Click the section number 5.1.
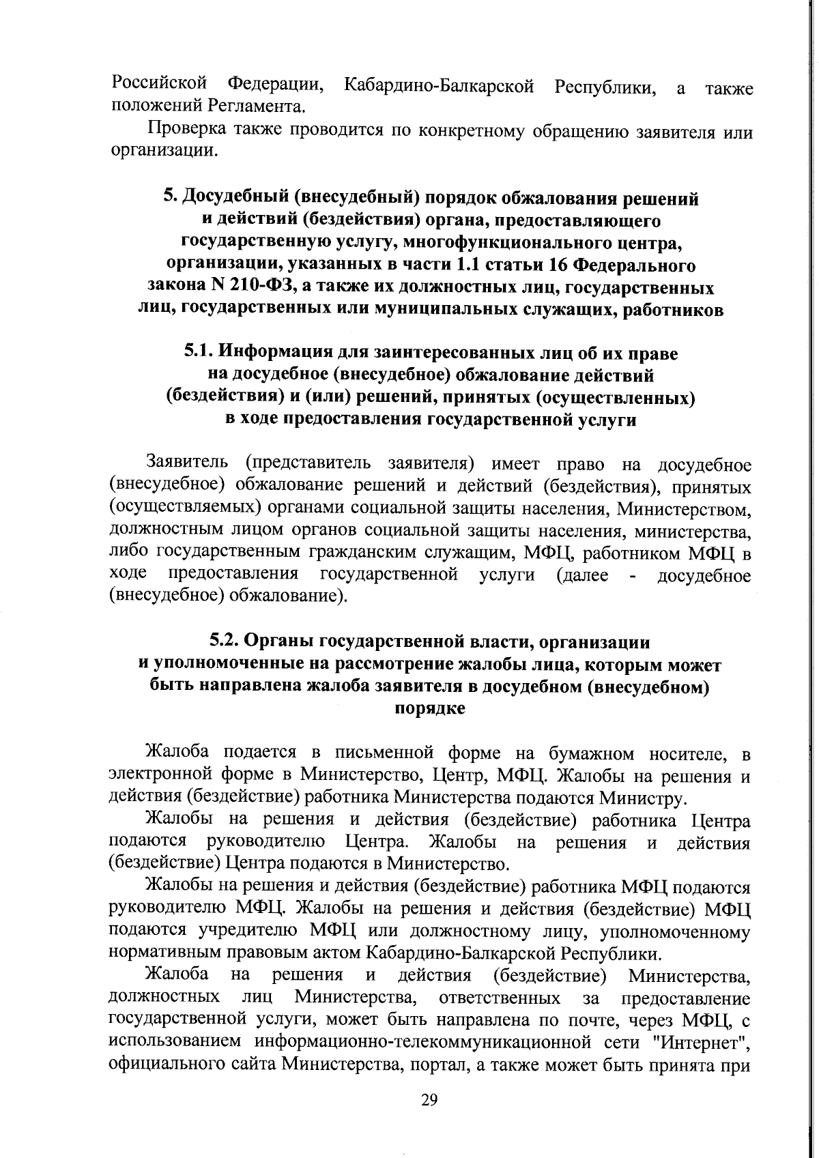199,353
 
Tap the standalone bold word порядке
430,708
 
